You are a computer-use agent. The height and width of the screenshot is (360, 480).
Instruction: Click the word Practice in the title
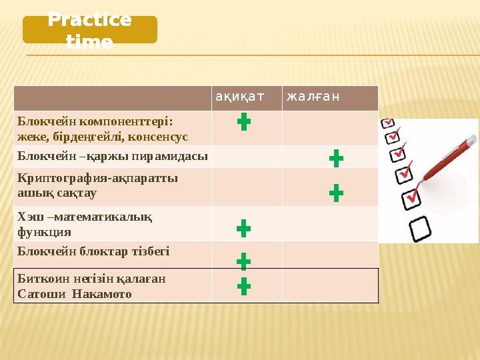click(90, 20)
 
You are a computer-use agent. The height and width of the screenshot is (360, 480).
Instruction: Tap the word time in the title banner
click(89, 42)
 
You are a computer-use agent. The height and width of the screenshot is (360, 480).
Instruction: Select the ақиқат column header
click(239, 97)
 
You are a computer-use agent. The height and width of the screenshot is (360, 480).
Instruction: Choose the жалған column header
click(313, 97)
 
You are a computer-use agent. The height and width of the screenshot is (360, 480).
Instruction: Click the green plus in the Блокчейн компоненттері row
click(244, 121)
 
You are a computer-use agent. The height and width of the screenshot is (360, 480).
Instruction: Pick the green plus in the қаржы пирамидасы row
click(336, 159)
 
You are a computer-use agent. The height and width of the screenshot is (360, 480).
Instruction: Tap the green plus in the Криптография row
click(336, 193)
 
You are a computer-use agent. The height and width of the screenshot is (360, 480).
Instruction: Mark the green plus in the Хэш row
click(244, 229)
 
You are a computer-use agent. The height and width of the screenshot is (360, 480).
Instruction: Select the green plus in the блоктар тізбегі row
click(244, 261)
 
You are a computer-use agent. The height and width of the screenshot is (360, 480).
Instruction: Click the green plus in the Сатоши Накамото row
click(244, 286)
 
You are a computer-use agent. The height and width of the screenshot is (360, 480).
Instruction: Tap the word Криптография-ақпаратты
click(98, 179)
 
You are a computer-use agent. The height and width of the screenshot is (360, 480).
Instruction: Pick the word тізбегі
click(150, 251)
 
